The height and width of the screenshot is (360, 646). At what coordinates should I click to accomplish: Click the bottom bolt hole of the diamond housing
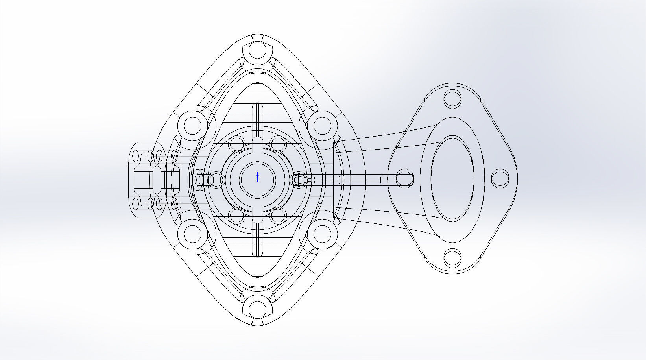(257, 309)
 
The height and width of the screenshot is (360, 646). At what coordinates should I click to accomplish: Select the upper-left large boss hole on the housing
(192, 125)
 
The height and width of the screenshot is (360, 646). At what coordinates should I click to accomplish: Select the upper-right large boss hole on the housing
(322, 125)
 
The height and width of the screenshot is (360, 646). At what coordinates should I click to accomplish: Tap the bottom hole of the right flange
(452, 258)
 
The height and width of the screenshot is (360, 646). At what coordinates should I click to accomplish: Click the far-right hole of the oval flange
(500, 178)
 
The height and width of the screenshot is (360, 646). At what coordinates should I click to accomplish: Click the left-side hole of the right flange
(404, 178)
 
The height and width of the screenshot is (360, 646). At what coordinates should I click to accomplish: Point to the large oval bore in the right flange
(452, 178)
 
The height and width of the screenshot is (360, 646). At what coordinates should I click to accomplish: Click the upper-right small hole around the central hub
(278, 144)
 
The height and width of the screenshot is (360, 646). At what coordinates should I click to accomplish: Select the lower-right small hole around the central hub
(278, 215)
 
